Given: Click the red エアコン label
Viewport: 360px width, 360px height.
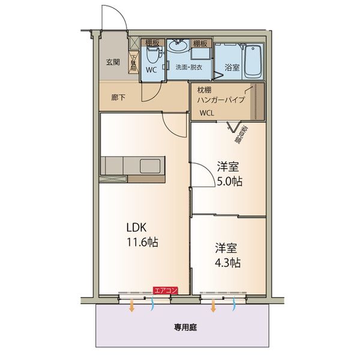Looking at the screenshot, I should (166, 290).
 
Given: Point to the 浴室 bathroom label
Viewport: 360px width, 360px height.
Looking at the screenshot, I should (232, 67).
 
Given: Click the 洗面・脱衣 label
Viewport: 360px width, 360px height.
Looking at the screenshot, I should (188, 67).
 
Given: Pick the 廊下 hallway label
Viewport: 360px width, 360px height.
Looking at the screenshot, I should (118, 97).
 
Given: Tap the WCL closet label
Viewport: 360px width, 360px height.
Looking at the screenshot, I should (206, 112).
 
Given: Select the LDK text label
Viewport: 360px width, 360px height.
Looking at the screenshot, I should (136, 228).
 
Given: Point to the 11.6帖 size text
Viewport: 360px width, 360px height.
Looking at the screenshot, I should (142, 243).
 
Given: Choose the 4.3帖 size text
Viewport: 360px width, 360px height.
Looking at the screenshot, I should (229, 262).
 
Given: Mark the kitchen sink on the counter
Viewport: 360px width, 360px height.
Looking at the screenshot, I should (147, 166).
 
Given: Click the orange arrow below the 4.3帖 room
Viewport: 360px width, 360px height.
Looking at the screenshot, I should (214, 306).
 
